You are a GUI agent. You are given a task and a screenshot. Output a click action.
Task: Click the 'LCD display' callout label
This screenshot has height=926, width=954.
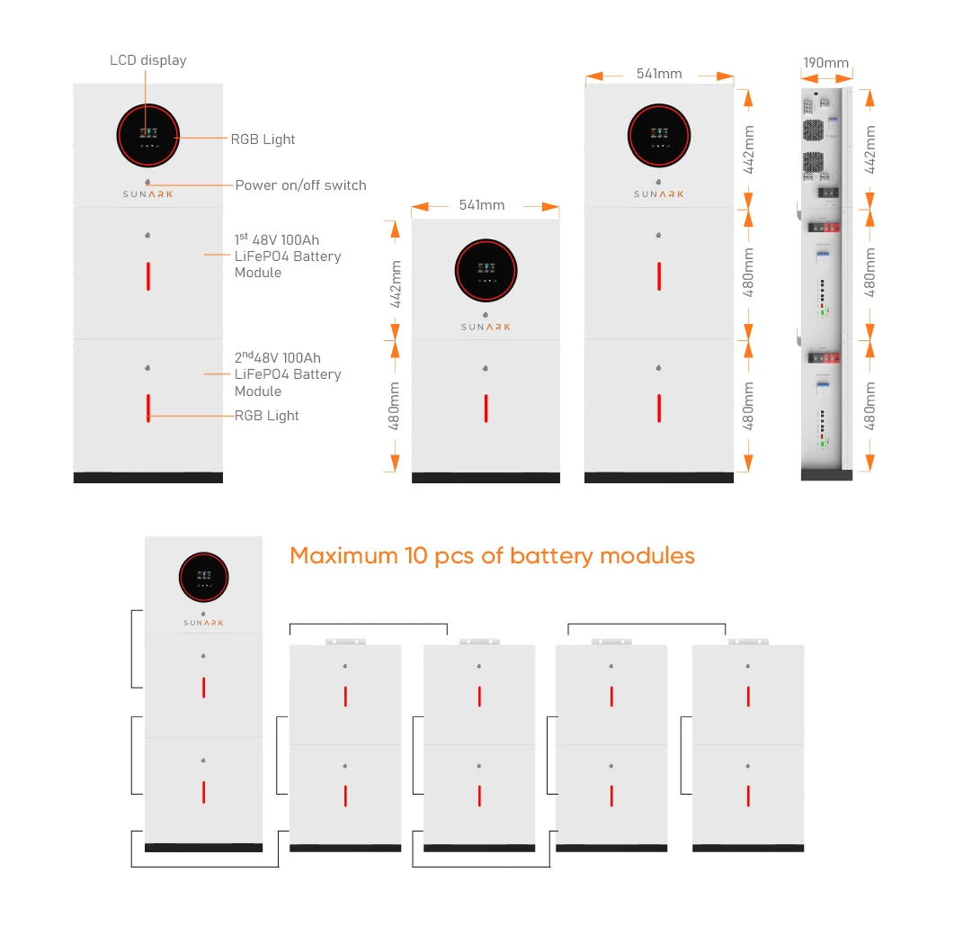coord(148,60)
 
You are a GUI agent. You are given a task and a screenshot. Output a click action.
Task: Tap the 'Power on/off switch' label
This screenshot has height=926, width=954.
coord(300,185)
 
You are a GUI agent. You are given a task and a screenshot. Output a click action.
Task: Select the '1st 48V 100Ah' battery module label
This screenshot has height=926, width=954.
coord(287,256)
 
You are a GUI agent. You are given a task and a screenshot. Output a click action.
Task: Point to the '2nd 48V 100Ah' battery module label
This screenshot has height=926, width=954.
coord(287,374)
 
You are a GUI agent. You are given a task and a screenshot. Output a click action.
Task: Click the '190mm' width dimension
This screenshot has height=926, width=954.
coord(825,63)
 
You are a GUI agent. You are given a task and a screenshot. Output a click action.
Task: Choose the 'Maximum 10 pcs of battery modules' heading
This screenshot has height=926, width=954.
coord(492,555)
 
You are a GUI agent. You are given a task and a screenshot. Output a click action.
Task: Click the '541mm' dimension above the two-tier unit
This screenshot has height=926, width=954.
coord(482,205)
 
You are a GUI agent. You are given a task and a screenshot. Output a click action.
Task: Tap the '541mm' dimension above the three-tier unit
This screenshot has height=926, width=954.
coord(659,74)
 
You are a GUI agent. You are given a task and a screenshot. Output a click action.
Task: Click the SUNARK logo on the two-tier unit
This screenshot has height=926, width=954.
coord(486,327)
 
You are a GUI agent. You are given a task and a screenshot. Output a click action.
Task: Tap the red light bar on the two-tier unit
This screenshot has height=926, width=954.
coord(486,408)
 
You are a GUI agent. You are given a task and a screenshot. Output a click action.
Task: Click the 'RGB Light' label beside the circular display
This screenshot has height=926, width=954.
coord(263,139)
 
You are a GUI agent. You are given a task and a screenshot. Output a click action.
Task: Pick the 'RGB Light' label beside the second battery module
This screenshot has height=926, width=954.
coord(267,416)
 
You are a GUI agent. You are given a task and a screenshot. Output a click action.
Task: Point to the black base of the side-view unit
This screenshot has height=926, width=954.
coord(825,474)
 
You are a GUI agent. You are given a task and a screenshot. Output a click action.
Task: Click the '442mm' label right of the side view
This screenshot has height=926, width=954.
coord(869,148)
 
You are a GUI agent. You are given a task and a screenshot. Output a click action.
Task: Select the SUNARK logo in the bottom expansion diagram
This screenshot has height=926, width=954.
coord(203,622)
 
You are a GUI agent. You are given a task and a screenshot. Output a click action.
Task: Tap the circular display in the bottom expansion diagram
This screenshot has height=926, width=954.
coord(203,577)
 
